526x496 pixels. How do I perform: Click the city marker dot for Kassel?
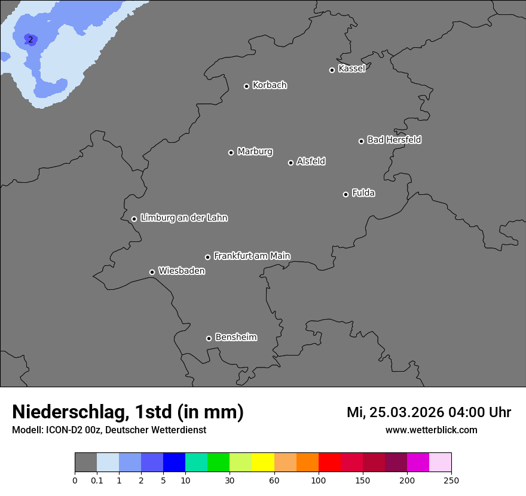pos(332,70)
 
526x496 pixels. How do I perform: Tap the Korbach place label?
pos(270,85)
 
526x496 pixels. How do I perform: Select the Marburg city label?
pos(255,152)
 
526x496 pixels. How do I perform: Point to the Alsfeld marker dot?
pos(290,163)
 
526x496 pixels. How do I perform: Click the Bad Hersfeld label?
pos(394,140)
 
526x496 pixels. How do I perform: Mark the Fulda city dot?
pos(345,194)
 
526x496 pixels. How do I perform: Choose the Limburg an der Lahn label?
pos(184,218)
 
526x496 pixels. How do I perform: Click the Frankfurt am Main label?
pos(252,256)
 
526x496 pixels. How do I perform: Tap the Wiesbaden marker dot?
pos(152,272)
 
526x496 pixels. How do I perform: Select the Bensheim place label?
pos(236,337)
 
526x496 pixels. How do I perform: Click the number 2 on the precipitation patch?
pos(30,40)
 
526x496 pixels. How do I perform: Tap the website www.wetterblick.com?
pos(431,430)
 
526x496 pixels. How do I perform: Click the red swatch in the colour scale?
pos(329,463)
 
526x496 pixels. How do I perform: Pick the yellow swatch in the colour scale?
pos(263,463)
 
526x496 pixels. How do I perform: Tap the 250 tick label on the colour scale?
pos(451,480)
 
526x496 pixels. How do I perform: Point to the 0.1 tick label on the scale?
pos(97,480)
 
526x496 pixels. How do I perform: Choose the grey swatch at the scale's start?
pos(85,463)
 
